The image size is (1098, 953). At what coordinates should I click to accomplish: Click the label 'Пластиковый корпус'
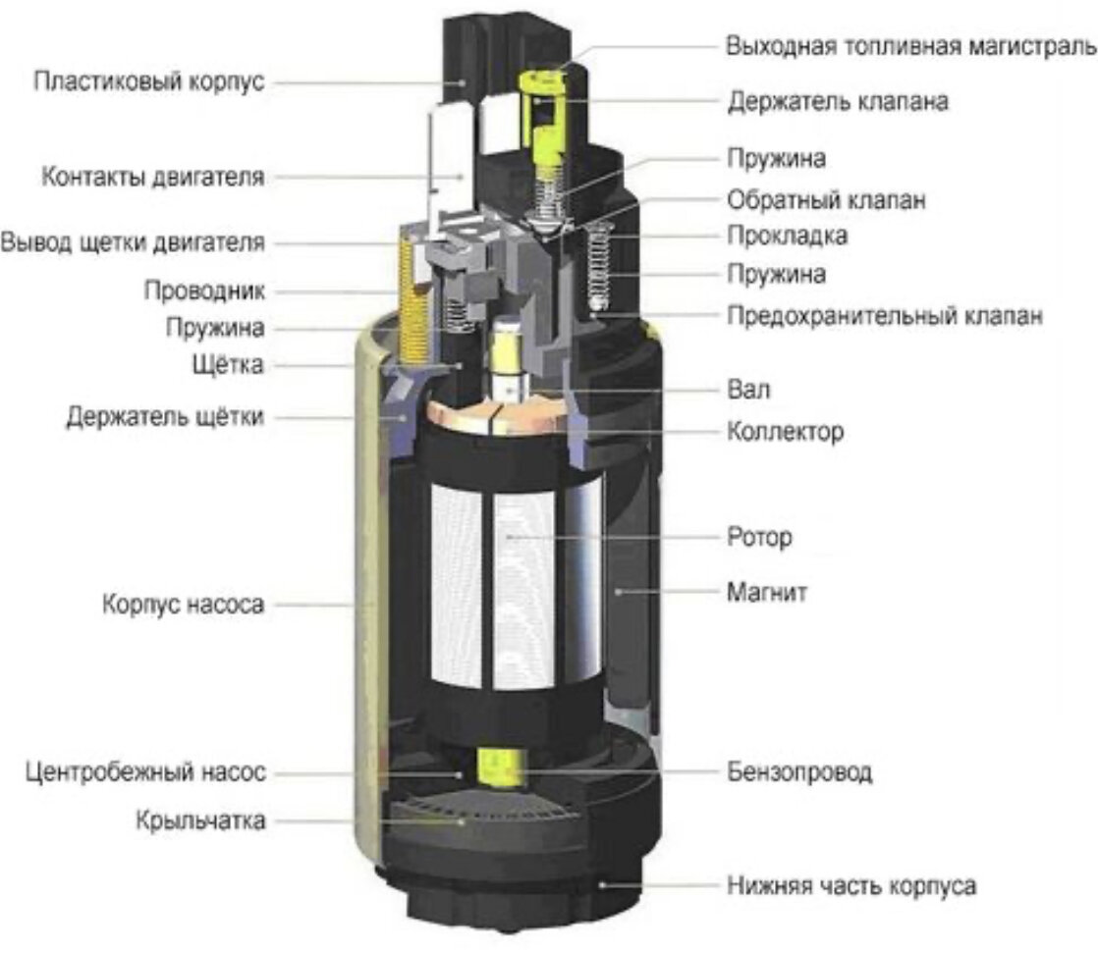(x=148, y=80)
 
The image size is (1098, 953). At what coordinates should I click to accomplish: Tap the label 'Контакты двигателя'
(x=152, y=178)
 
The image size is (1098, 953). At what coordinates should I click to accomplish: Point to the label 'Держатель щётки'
(x=165, y=417)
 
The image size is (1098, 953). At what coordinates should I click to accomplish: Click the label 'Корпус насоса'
(x=183, y=605)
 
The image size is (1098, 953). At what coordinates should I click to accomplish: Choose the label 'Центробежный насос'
(x=145, y=773)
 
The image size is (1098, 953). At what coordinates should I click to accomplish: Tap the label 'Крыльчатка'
(x=201, y=821)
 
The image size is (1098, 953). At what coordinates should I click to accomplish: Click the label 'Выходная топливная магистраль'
(x=910, y=46)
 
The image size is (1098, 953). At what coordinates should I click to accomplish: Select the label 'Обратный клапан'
(x=826, y=200)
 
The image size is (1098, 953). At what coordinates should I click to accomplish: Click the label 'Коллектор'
(x=785, y=431)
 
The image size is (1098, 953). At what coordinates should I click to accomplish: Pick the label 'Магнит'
(x=768, y=593)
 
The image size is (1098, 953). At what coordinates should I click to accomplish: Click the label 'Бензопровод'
(x=799, y=772)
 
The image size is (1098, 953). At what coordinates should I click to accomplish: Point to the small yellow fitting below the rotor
(x=497, y=768)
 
